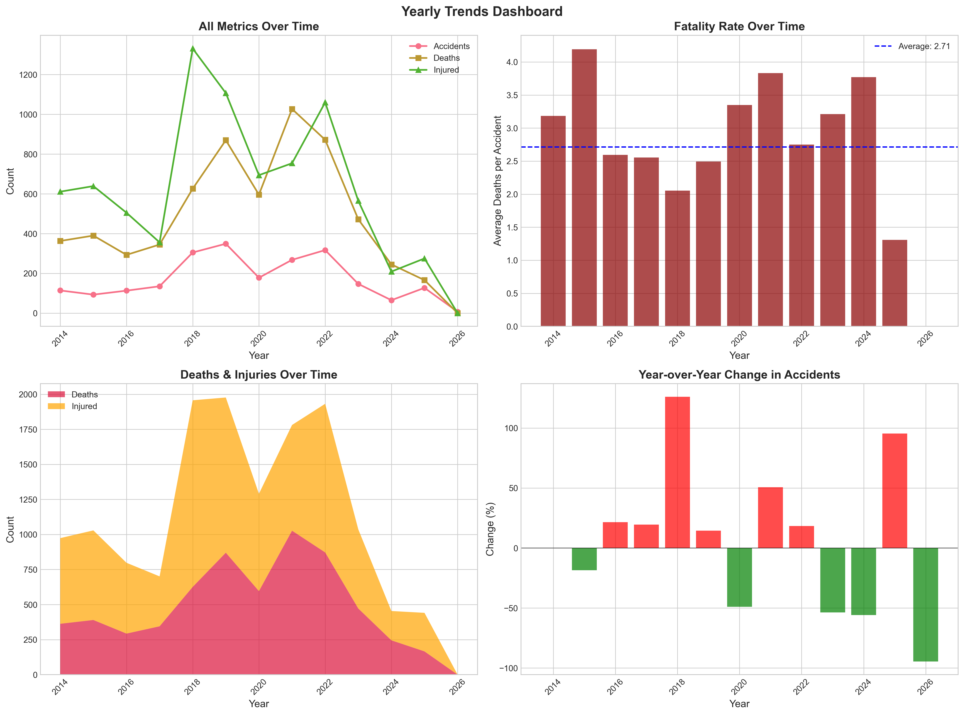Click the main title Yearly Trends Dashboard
(x=482, y=11)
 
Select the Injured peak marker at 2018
(x=193, y=48)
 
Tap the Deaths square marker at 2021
(x=292, y=109)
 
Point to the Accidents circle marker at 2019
(x=226, y=244)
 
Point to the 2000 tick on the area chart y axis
(x=28, y=394)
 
